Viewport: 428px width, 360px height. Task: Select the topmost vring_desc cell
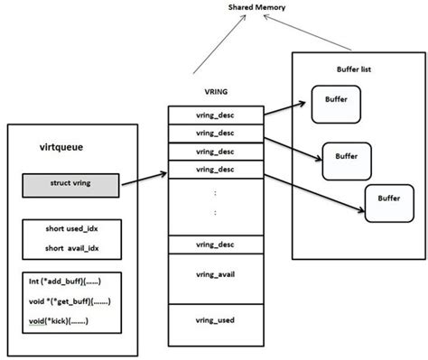click(215, 115)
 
